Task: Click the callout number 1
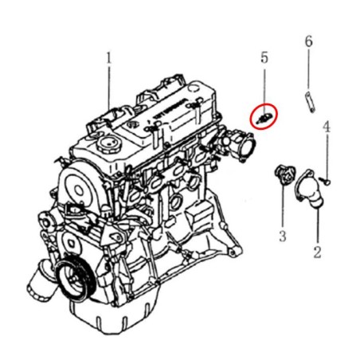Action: point(108,58)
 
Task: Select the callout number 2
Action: point(317,252)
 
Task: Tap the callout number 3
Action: point(283,236)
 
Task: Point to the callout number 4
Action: point(327,127)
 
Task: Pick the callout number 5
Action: point(264,57)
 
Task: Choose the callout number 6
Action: point(308,41)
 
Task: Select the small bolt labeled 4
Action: point(326,181)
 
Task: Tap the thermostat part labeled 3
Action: point(284,177)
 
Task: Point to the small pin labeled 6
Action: point(309,102)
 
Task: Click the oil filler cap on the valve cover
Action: point(108,144)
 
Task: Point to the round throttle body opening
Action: point(248,147)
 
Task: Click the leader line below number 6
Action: point(308,70)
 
